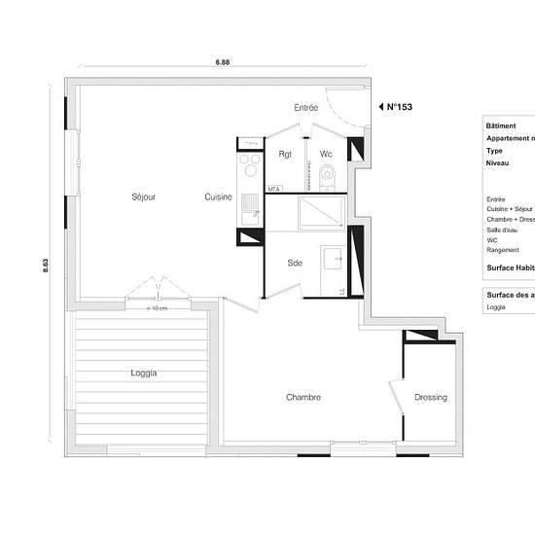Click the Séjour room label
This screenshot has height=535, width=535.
click(143, 197)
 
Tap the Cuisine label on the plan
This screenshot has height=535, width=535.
click(218, 197)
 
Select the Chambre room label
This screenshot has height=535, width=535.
click(303, 397)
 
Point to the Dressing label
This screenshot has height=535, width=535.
click(430, 397)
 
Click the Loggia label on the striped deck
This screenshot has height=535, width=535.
click(143, 373)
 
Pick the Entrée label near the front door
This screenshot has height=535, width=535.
click(306, 107)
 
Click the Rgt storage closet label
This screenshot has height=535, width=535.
click(285, 155)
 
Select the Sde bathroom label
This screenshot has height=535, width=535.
click(295, 263)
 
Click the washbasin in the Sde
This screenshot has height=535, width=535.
click(335, 259)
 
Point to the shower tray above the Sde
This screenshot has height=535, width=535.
click(318, 211)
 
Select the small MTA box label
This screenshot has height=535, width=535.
click(274, 190)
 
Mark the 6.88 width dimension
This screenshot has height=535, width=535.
click(223, 60)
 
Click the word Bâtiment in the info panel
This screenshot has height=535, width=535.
click(504, 125)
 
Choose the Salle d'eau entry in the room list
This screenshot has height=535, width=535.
click(504, 229)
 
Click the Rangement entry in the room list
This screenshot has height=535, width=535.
click(504, 249)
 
